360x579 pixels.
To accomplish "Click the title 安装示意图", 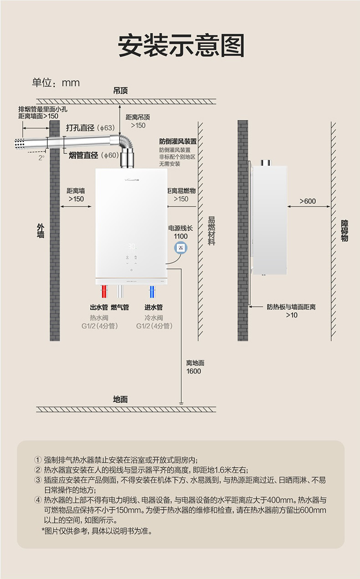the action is click(181, 46).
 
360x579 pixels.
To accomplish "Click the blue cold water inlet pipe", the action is click(152, 292).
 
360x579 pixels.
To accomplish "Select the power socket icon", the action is click(181, 248).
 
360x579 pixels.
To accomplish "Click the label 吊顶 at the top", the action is click(120, 91).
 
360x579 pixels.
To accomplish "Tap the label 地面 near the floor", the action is click(120, 400).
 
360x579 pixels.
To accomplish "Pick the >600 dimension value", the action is click(308, 201).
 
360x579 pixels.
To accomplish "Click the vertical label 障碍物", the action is click(345, 231).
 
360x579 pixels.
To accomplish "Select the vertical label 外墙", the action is click(41, 231).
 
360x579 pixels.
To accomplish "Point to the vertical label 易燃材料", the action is click(211, 231).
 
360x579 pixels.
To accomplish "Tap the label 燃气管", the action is click(120, 307).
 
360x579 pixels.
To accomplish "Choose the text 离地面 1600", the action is click(195, 367).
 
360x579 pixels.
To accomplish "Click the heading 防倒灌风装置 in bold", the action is click(178, 141).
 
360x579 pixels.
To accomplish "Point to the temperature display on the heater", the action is click(131, 246).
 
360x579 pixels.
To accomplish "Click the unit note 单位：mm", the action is click(56, 82).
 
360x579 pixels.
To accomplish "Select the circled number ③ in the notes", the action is click(38, 480).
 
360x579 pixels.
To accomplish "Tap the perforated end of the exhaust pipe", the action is click(20, 143).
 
